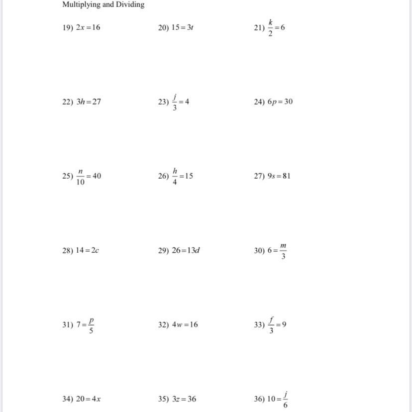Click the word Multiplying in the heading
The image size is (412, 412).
[81, 4]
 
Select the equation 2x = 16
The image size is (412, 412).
[88, 27]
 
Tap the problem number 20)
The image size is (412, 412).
[164, 27]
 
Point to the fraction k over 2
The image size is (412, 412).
[271, 27]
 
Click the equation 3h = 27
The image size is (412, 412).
[89, 102]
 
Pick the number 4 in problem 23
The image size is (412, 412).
[187, 102]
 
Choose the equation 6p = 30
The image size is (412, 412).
[280, 102]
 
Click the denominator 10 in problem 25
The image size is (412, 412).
[81, 182]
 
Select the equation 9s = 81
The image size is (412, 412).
[279, 176]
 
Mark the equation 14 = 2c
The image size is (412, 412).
[88, 250]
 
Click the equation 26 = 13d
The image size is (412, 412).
[186, 250]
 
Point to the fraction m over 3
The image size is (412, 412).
[283, 250]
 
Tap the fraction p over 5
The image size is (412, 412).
[91, 324]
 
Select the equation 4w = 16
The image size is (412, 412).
[185, 324]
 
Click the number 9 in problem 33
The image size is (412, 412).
[284, 324]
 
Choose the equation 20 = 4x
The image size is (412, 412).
[89, 399]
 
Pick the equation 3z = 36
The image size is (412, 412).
[184, 399]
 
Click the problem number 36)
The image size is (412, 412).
[259, 399]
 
